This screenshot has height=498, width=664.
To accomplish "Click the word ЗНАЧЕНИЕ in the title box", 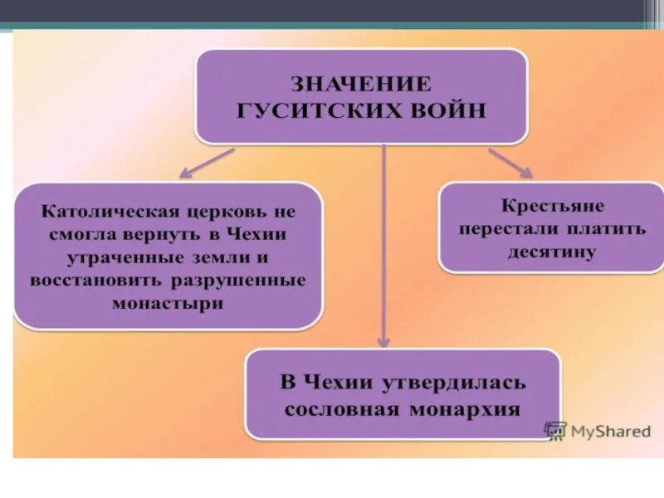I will pyautogui.click(x=360, y=84).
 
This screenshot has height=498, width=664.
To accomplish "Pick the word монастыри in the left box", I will pyautogui.click(x=168, y=303).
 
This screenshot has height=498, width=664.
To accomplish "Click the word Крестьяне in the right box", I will pyautogui.click(x=553, y=205).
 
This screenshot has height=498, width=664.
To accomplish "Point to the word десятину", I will pyautogui.click(x=553, y=251).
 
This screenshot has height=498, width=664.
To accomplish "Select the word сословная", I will pyautogui.click(x=340, y=409).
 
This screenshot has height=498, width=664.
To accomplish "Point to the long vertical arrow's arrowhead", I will pyautogui.click(x=383, y=340).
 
